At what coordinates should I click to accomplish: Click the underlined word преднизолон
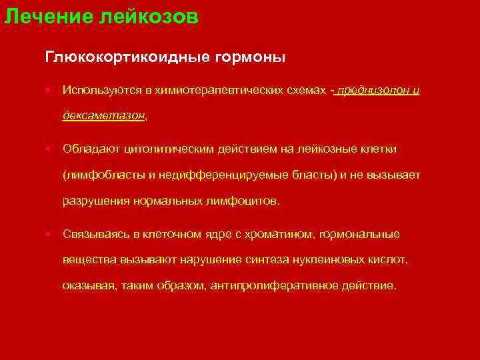point(371,90)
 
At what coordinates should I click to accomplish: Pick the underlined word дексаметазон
point(103,115)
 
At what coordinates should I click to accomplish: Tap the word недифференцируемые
point(210,175)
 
